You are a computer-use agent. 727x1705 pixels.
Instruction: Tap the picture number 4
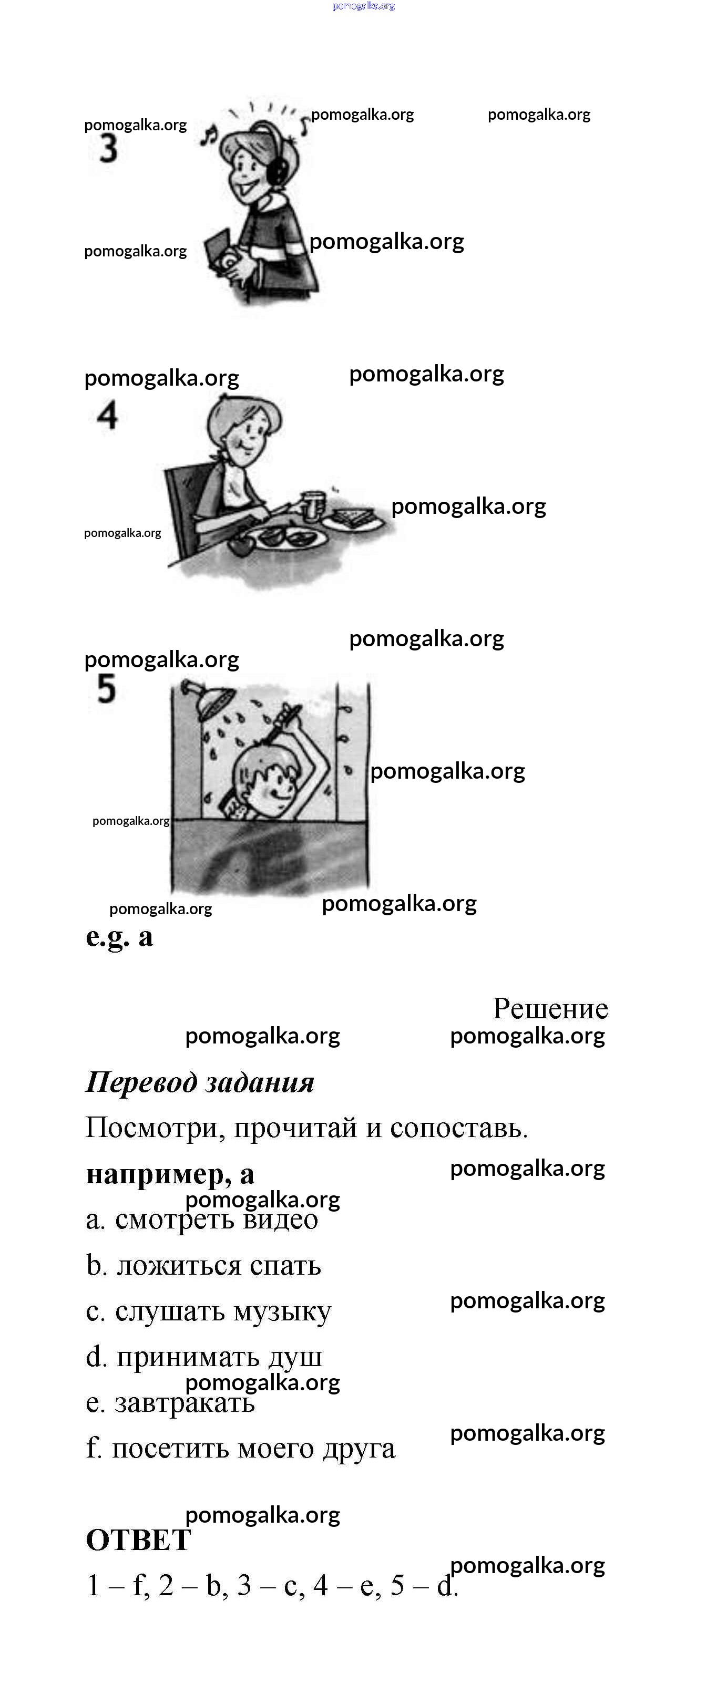point(107,416)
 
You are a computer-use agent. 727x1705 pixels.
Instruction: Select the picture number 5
point(106,688)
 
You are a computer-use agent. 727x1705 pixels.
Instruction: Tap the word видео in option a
point(281,1219)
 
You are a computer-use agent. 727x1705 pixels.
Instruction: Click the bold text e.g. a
point(119,937)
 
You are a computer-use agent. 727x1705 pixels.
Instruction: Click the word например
point(159,1174)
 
